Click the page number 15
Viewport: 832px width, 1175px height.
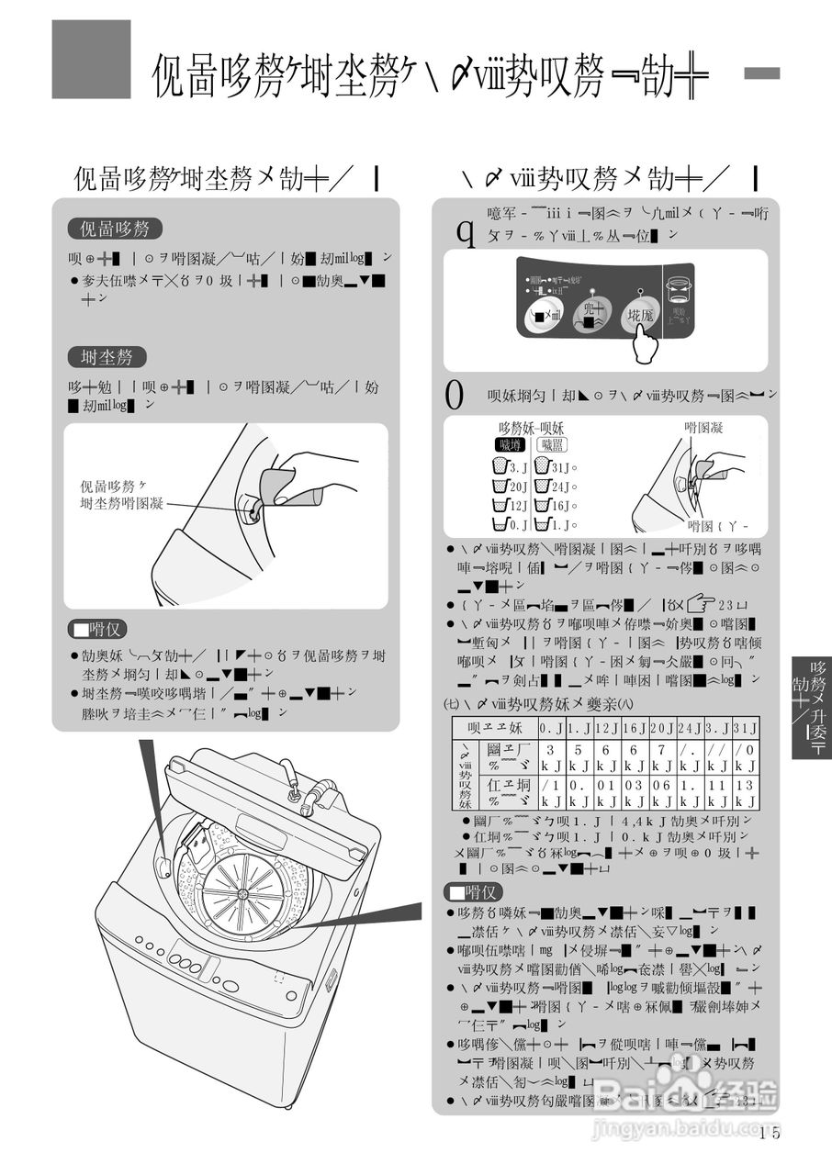pos(770,1132)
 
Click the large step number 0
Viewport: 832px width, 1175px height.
pos(454,395)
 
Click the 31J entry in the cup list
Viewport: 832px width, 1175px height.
pos(554,467)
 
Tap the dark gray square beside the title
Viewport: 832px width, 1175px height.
pos(91,59)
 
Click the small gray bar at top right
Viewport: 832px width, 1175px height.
pos(761,73)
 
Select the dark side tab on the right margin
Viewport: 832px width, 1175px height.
pos(811,706)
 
